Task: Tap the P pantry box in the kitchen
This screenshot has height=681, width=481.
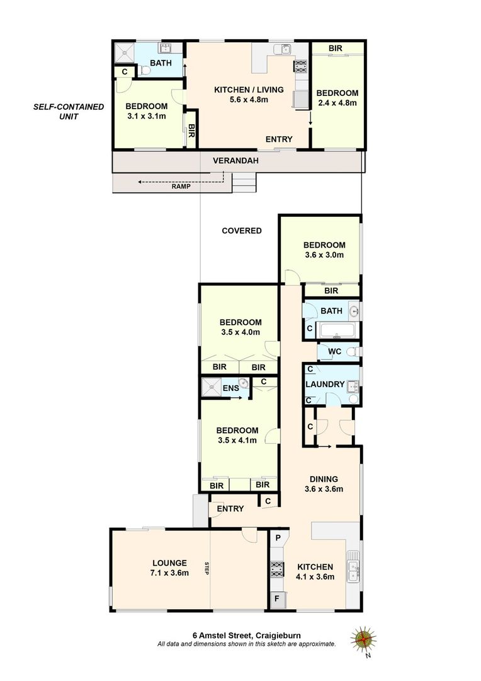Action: [x=278, y=538]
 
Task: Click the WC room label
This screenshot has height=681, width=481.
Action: [x=334, y=351]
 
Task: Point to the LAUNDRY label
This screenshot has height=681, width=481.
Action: [x=325, y=384]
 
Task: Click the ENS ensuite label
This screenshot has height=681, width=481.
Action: [x=230, y=388]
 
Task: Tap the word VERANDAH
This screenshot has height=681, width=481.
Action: [x=235, y=161]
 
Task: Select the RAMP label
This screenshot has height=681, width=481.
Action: [x=181, y=186]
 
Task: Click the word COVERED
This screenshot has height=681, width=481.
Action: [x=242, y=231]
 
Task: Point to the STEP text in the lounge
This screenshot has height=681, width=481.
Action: [x=207, y=568]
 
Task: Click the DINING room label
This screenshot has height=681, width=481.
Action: [x=324, y=479]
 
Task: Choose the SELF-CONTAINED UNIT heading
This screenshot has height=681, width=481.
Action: [x=69, y=111]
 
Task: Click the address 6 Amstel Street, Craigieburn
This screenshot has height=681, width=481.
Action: [x=246, y=636]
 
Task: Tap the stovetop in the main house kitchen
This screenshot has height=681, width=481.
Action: [x=277, y=569]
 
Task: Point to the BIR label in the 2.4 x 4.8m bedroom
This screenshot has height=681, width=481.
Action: [x=336, y=48]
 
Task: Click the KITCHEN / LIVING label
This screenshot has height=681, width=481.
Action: [x=249, y=90]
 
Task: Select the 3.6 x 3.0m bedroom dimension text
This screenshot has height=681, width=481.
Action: [x=324, y=255]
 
